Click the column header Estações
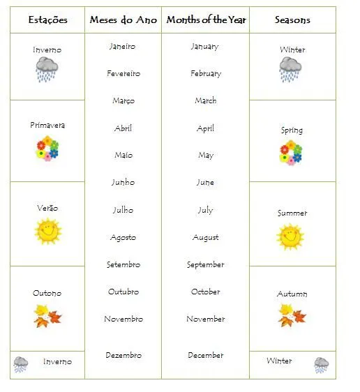tap(47, 20)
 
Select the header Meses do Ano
tap(123, 20)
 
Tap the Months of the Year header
tap(205, 20)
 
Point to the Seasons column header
tap(292, 20)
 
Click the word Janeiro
tap(123, 47)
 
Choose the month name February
tap(205, 73)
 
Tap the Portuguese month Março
tap(123, 101)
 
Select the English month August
tap(205, 238)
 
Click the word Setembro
tap(123, 265)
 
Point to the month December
tap(205, 355)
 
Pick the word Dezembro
tap(123, 355)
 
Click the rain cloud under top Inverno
tap(47, 70)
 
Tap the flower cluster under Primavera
tap(47, 148)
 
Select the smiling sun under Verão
tap(47, 232)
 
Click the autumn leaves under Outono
tap(47, 316)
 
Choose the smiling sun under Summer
tap(290, 236)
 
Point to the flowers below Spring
tap(291, 152)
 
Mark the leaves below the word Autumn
tap(292, 315)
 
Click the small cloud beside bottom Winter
tap(321, 364)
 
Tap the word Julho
tap(123, 210)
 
